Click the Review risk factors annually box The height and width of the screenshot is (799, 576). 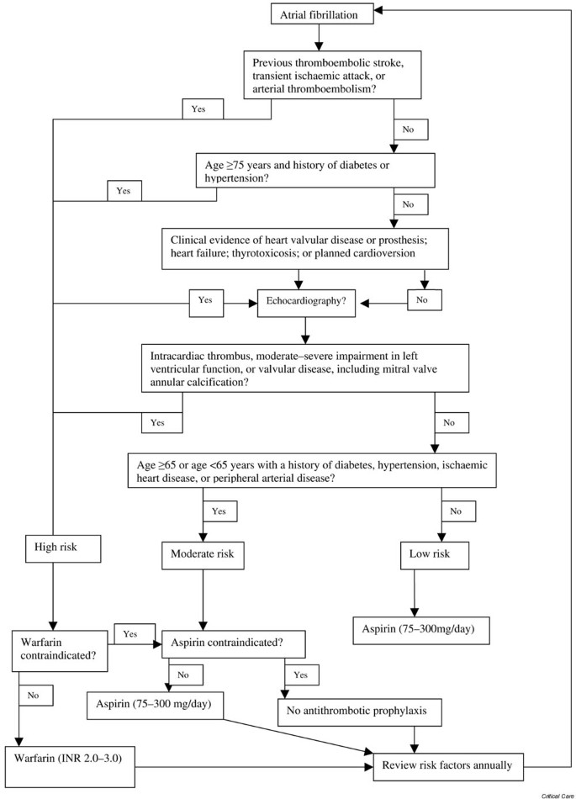pos(452,765)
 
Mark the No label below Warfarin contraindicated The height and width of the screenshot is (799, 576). pos(34,695)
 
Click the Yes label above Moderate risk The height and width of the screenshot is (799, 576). pos(219,511)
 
